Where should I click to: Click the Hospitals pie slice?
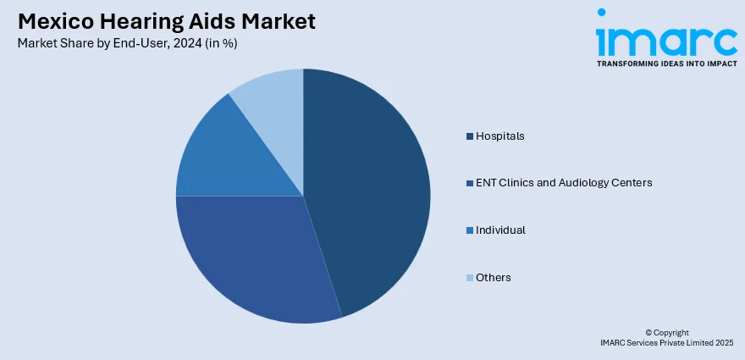[x=372, y=186]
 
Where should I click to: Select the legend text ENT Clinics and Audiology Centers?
[x=564, y=182]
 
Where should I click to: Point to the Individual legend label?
[x=500, y=230]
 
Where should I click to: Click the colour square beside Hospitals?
[x=469, y=136]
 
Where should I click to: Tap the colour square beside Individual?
[x=469, y=230]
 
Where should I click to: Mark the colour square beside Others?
[x=469, y=278]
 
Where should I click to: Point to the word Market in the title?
[x=279, y=20]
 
